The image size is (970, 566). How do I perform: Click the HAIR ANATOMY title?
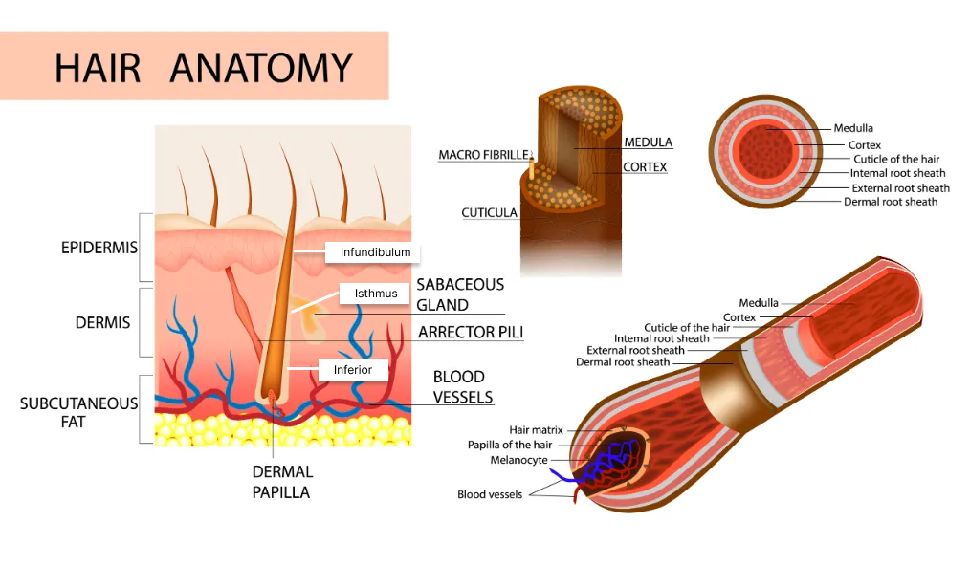coord(203,67)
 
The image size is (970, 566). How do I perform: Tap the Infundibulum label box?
coord(375,252)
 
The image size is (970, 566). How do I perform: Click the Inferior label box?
coord(352,369)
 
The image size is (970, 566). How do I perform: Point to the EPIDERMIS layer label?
coord(99,248)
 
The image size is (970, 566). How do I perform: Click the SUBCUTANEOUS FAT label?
coord(78,411)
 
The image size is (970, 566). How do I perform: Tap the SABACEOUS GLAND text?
coord(459,295)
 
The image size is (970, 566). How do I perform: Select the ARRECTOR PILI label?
coord(470,333)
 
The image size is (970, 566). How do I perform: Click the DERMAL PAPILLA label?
coord(282,482)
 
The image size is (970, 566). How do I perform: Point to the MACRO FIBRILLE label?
coord(482,155)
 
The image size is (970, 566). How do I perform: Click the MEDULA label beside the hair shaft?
coord(648,142)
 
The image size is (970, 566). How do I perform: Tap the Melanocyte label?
coord(518,460)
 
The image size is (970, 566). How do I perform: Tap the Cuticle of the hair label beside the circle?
coord(896,159)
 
